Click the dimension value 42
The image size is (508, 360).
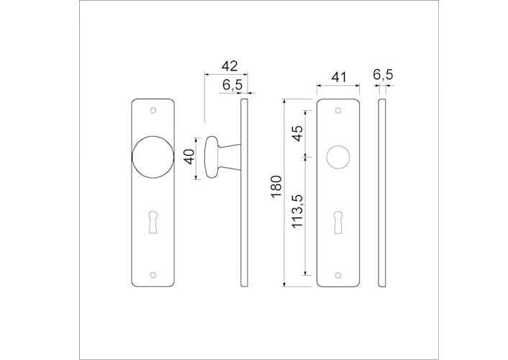(229, 66)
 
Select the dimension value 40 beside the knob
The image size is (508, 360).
(189, 156)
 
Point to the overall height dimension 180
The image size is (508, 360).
(276, 189)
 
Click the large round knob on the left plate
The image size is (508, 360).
(153, 160)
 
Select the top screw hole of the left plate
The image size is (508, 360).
(153, 111)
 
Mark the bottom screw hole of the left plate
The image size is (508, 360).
(153, 274)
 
